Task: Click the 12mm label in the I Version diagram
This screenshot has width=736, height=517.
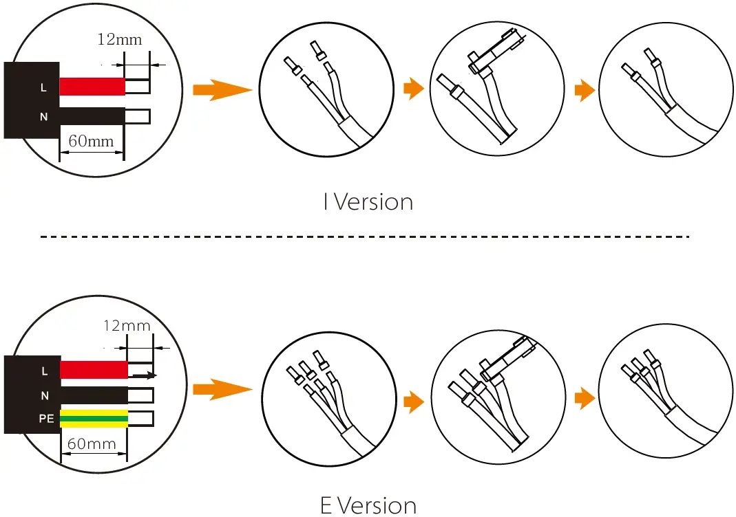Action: (120, 38)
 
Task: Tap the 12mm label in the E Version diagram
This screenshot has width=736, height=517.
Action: (126, 325)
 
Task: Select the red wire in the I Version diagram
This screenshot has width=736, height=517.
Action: (92, 86)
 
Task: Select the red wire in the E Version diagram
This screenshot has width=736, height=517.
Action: (94, 369)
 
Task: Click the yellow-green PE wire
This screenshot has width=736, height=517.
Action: (94, 417)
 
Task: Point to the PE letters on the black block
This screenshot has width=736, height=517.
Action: (46, 418)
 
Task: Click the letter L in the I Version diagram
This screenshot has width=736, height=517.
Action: (44, 88)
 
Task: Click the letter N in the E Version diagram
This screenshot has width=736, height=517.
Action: (45, 395)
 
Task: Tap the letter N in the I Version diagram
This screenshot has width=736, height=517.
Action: (44, 117)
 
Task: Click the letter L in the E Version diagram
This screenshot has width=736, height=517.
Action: (45, 371)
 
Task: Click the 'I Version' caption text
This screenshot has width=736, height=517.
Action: (368, 202)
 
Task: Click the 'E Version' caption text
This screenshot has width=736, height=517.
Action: (368, 506)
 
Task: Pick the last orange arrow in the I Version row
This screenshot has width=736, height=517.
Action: (585, 90)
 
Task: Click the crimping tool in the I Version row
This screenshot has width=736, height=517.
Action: (494, 56)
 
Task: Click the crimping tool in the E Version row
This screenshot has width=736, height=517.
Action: (508, 359)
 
